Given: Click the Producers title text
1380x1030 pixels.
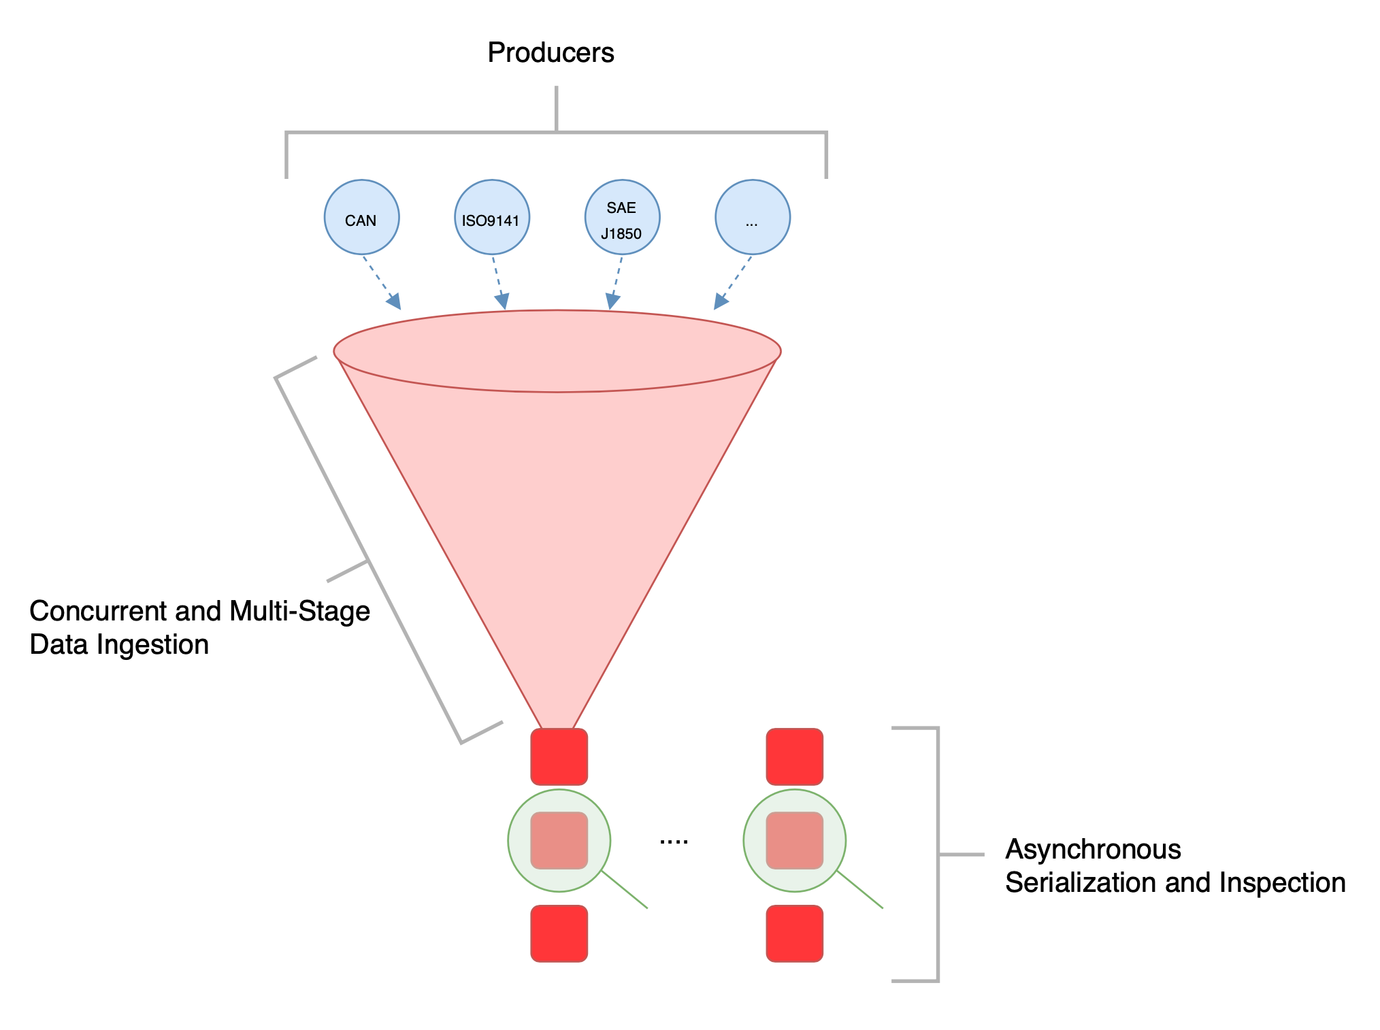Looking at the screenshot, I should tap(551, 53).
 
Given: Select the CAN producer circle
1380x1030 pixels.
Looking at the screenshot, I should tap(361, 217).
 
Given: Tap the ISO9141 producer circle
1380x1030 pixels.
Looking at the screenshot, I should tap(491, 217).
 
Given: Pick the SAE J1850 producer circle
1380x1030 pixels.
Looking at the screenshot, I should tap(622, 217).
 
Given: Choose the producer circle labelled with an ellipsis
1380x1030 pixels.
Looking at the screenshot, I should tap(752, 217).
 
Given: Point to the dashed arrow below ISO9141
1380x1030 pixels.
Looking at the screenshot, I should tap(499, 282).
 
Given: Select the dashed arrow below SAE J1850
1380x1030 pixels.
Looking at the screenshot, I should tap(617, 282).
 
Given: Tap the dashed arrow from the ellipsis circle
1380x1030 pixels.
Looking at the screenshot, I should tap(733, 282).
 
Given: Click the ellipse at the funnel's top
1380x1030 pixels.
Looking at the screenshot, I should tap(557, 351).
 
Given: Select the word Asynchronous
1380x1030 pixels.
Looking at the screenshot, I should tap(1093, 849).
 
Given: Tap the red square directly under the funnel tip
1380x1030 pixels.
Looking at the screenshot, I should tap(559, 757).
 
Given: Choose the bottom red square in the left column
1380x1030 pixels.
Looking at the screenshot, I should tap(559, 933).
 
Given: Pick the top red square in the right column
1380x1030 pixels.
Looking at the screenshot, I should tap(794, 757).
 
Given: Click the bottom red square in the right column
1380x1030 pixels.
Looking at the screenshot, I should tap(794, 933).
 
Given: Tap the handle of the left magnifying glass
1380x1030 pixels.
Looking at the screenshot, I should tap(625, 890).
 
